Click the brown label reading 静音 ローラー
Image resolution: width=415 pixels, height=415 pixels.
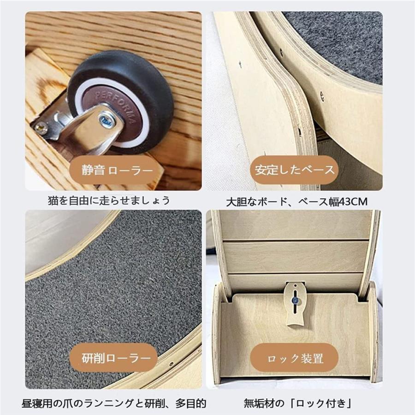tap(117, 170)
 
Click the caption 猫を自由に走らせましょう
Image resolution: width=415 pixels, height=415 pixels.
tap(109, 201)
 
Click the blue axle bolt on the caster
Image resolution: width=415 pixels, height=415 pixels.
tap(107, 121)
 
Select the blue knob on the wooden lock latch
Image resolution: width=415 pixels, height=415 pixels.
tap(293, 300)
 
